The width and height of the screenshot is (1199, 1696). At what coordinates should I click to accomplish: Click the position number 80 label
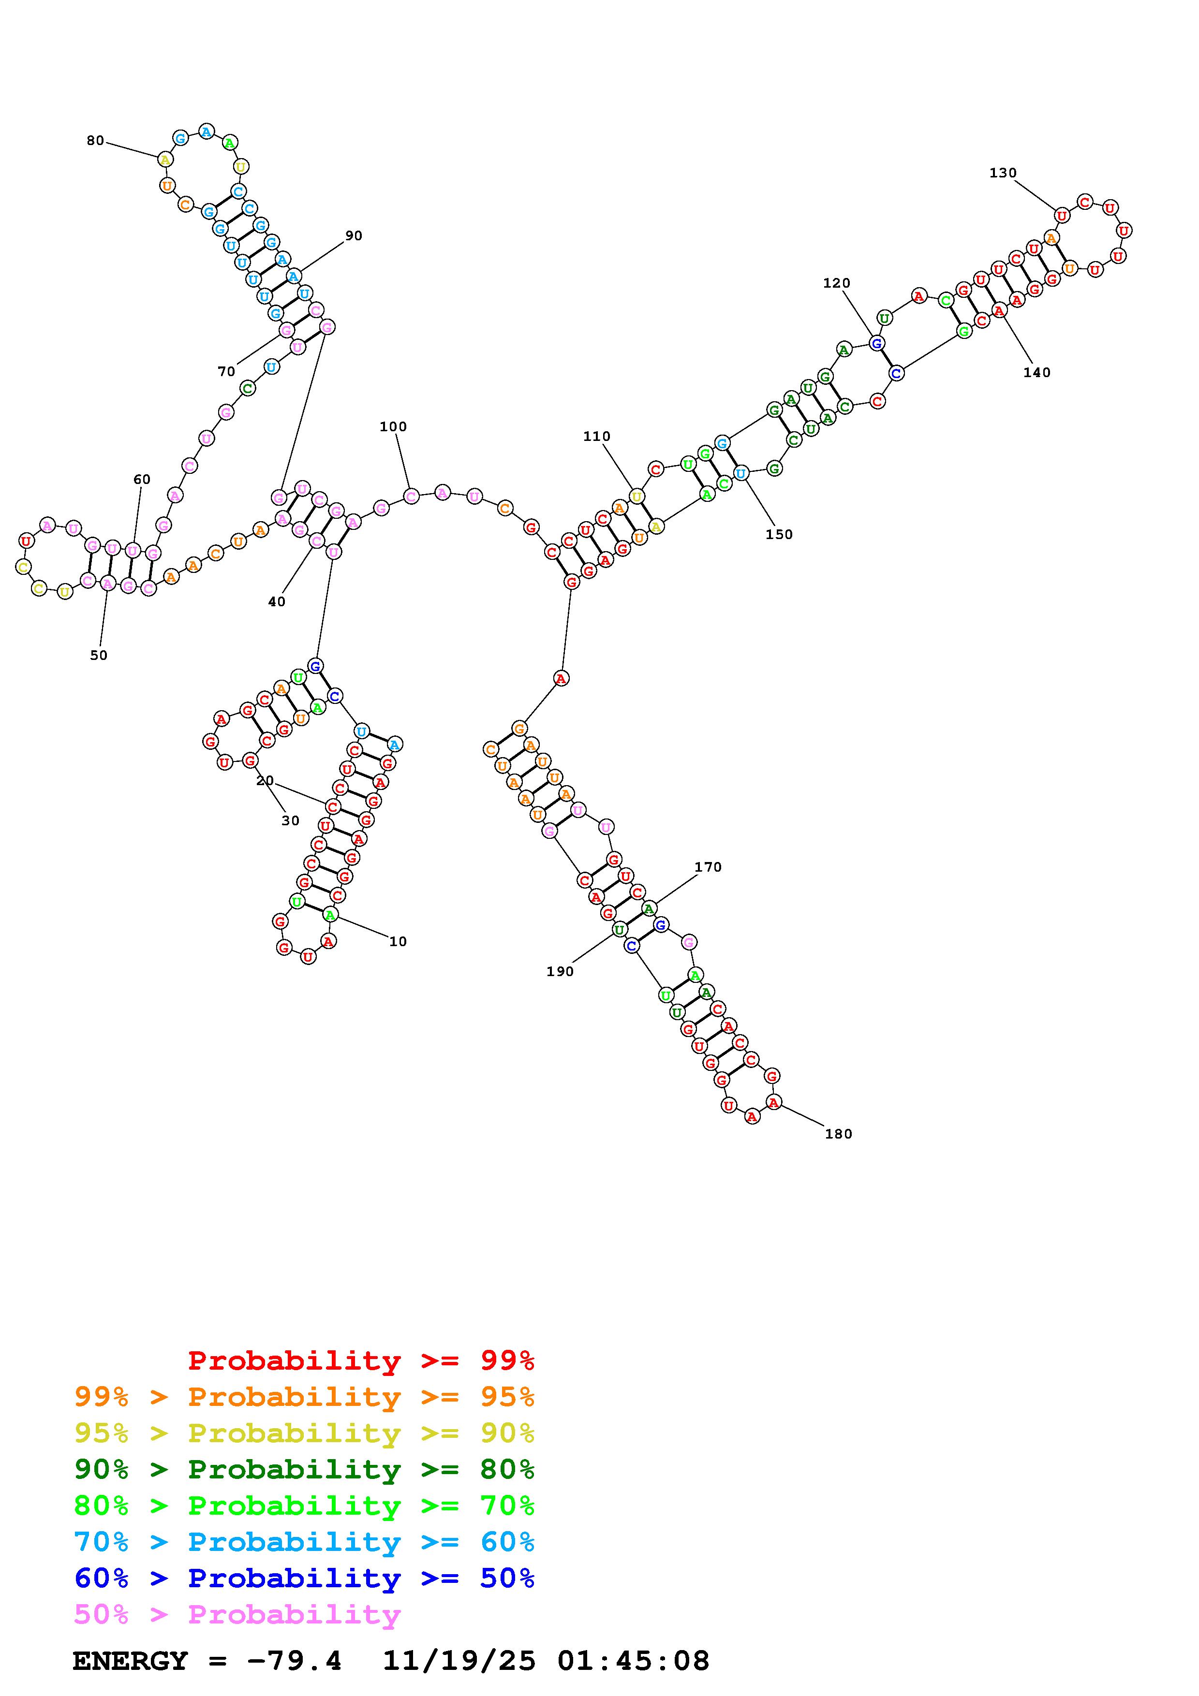click(95, 140)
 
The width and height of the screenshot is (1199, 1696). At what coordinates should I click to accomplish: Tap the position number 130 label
click(1003, 173)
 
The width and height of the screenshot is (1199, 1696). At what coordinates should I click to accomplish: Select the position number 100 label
click(393, 426)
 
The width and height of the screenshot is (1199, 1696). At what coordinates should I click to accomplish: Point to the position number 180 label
click(839, 1134)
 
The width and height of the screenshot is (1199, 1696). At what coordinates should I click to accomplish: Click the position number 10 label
click(398, 941)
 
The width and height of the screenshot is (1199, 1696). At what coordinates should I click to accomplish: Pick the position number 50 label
click(98, 655)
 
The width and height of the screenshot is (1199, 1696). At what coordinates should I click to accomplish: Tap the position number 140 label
click(1036, 372)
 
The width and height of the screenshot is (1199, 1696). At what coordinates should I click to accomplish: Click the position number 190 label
click(560, 971)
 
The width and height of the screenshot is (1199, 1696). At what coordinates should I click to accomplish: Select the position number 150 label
click(779, 534)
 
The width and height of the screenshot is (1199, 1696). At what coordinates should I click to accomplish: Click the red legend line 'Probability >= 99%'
click(361, 1360)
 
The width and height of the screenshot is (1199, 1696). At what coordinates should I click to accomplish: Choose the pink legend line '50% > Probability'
click(237, 1614)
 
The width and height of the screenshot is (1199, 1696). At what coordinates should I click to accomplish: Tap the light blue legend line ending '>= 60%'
click(304, 1542)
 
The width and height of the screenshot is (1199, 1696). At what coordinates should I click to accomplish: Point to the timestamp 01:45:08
click(633, 1661)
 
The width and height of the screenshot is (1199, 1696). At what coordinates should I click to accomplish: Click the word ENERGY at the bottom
click(130, 1661)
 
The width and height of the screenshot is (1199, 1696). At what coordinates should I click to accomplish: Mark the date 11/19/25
click(459, 1661)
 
